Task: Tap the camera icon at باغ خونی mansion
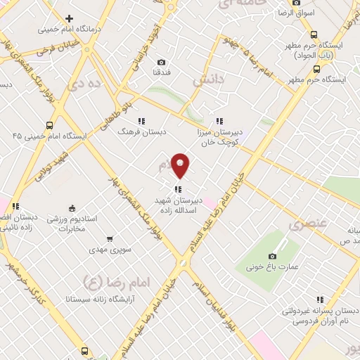(x=273, y=256)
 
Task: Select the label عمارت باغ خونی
(x=271, y=268)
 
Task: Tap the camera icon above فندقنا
(x=162, y=63)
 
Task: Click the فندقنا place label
(x=162, y=73)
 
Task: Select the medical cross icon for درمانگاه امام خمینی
(x=69, y=18)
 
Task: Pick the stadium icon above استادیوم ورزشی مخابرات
(x=71, y=207)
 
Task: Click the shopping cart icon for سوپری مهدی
(x=109, y=239)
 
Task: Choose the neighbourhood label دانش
(x=212, y=82)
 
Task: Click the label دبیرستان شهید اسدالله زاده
(x=179, y=204)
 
